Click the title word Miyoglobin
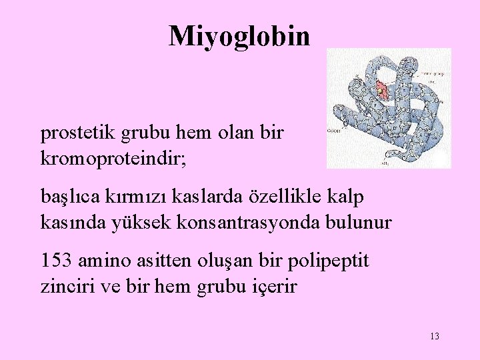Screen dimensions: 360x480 (239, 36)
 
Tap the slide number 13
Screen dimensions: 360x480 (435, 336)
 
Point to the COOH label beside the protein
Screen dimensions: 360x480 (335, 132)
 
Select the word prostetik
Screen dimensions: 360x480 (79, 134)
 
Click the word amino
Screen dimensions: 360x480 (106, 260)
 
